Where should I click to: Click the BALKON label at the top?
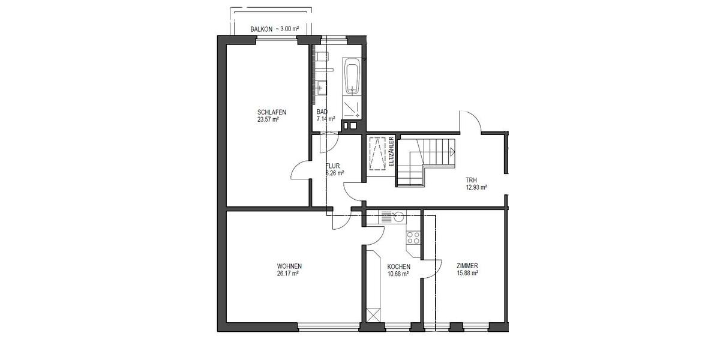point(262,28)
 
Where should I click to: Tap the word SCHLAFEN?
point(271,112)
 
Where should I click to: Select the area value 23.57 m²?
point(268,119)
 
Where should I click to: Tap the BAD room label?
point(322,112)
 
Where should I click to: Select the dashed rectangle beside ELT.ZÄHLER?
point(377,154)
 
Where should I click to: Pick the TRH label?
point(472,180)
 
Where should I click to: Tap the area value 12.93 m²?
point(476,187)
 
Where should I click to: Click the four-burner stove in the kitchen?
point(413,238)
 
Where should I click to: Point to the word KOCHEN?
point(398,267)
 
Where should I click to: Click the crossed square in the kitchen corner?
point(373,315)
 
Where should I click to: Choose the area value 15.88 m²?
point(466,274)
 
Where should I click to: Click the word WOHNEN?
point(289,266)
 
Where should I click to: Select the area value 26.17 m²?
point(288,274)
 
